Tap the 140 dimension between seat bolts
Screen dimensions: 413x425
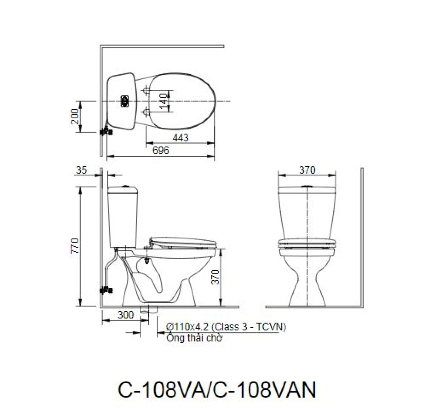click(x=164, y=101)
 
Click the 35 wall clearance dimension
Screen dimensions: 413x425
click(x=81, y=170)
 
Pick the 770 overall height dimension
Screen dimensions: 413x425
click(x=75, y=246)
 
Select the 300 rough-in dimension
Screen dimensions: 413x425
click(x=125, y=315)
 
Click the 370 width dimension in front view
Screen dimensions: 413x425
click(x=307, y=170)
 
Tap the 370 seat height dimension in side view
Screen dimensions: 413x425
click(x=215, y=277)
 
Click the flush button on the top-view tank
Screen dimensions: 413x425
click(x=125, y=101)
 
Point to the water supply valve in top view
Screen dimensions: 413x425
click(x=106, y=132)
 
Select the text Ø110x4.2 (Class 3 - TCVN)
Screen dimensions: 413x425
click(x=226, y=327)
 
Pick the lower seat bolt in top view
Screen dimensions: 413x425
click(x=146, y=112)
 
